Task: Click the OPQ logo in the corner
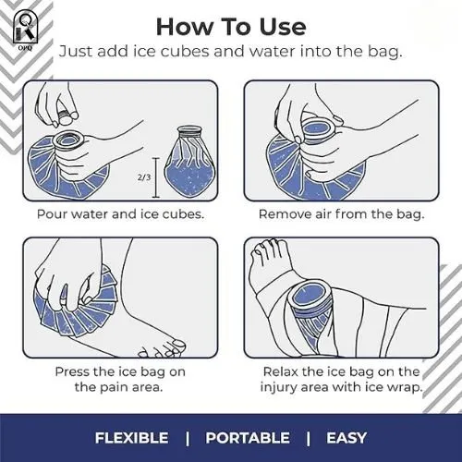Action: (26, 30)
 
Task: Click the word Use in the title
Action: (283, 27)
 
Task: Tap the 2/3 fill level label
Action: (144, 177)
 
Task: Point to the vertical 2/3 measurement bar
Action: (156, 177)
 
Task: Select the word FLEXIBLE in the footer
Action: (131, 438)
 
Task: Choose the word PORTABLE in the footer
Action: (248, 438)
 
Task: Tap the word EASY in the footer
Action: (346, 438)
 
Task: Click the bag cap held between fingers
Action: (66, 117)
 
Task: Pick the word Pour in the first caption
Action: (53, 214)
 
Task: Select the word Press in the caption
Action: (73, 371)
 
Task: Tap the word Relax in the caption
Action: (281, 371)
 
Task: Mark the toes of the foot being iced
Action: (162, 349)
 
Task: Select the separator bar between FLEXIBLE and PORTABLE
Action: (188, 438)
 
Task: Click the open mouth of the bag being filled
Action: (69, 141)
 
